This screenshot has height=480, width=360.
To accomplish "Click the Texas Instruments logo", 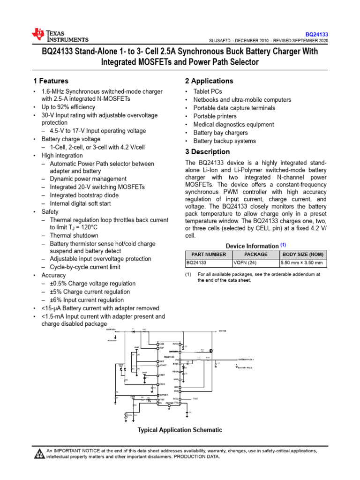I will click(x=60, y=35).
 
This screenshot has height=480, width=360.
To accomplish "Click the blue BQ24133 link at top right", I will click(x=316, y=35).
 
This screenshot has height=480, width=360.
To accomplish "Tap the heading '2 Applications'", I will click(x=209, y=81).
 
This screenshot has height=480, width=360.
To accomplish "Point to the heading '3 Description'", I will click(x=207, y=152).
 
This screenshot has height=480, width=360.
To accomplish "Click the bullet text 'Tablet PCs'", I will click(x=208, y=91).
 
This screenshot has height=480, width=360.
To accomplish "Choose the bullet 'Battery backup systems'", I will click(x=225, y=141).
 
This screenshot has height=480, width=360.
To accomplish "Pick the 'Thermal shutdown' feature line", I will click(x=74, y=236).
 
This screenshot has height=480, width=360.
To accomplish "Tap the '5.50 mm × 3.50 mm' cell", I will click(x=303, y=263).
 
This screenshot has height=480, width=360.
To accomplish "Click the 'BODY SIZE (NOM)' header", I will click(x=303, y=254).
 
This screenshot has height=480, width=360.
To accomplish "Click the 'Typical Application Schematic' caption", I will click(x=180, y=430).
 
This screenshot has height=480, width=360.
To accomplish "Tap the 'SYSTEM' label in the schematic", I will click(x=222, y=331).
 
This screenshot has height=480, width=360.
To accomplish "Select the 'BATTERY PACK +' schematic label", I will click(x=249, y=359).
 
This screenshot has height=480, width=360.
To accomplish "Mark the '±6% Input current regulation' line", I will click(x=87, y=300).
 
